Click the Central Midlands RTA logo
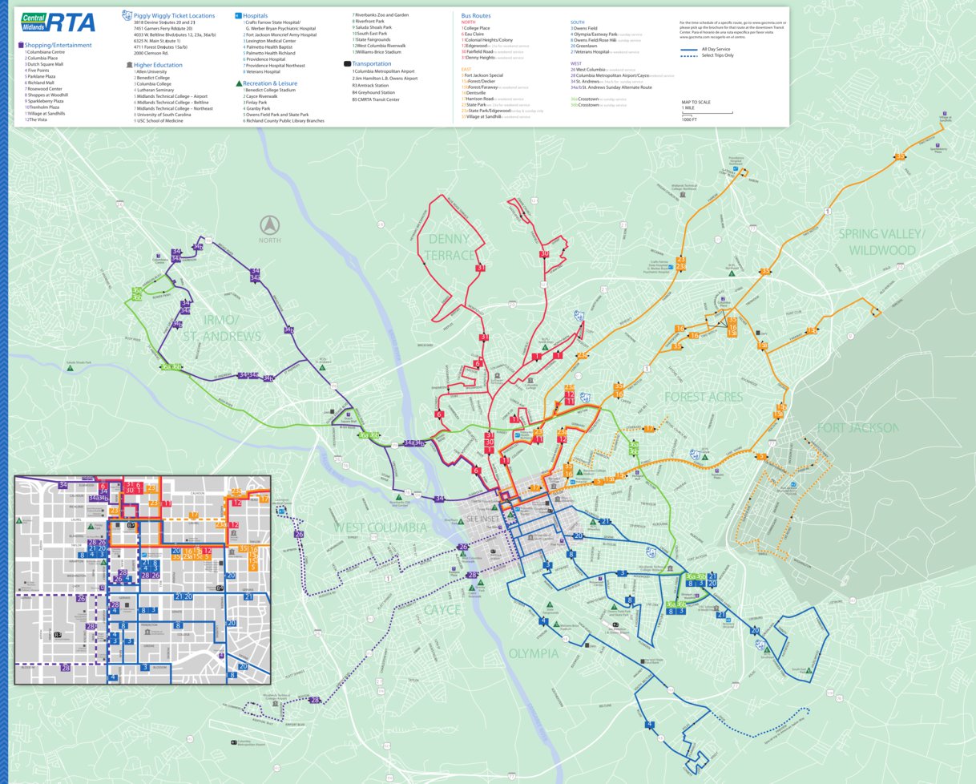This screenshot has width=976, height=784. click(58, 22)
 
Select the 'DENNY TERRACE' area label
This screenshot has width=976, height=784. click(450, 247)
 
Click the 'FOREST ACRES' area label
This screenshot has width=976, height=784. click(703, 397)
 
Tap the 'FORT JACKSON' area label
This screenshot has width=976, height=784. click(857, 427)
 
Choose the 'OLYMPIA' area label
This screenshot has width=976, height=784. click(533, 653)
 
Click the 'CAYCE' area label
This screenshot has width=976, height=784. click(442, 610)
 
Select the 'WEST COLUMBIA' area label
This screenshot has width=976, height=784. click(381, 527)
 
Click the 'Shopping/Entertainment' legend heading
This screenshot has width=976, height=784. click(58, 46)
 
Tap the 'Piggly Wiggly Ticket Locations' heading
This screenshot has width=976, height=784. click(174, 15)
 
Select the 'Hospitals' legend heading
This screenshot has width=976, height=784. click(254, 15)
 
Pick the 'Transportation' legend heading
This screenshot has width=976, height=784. click(371, 63)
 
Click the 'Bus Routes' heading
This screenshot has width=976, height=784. click(476, 15)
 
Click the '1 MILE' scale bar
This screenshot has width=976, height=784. click(706, 112)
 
